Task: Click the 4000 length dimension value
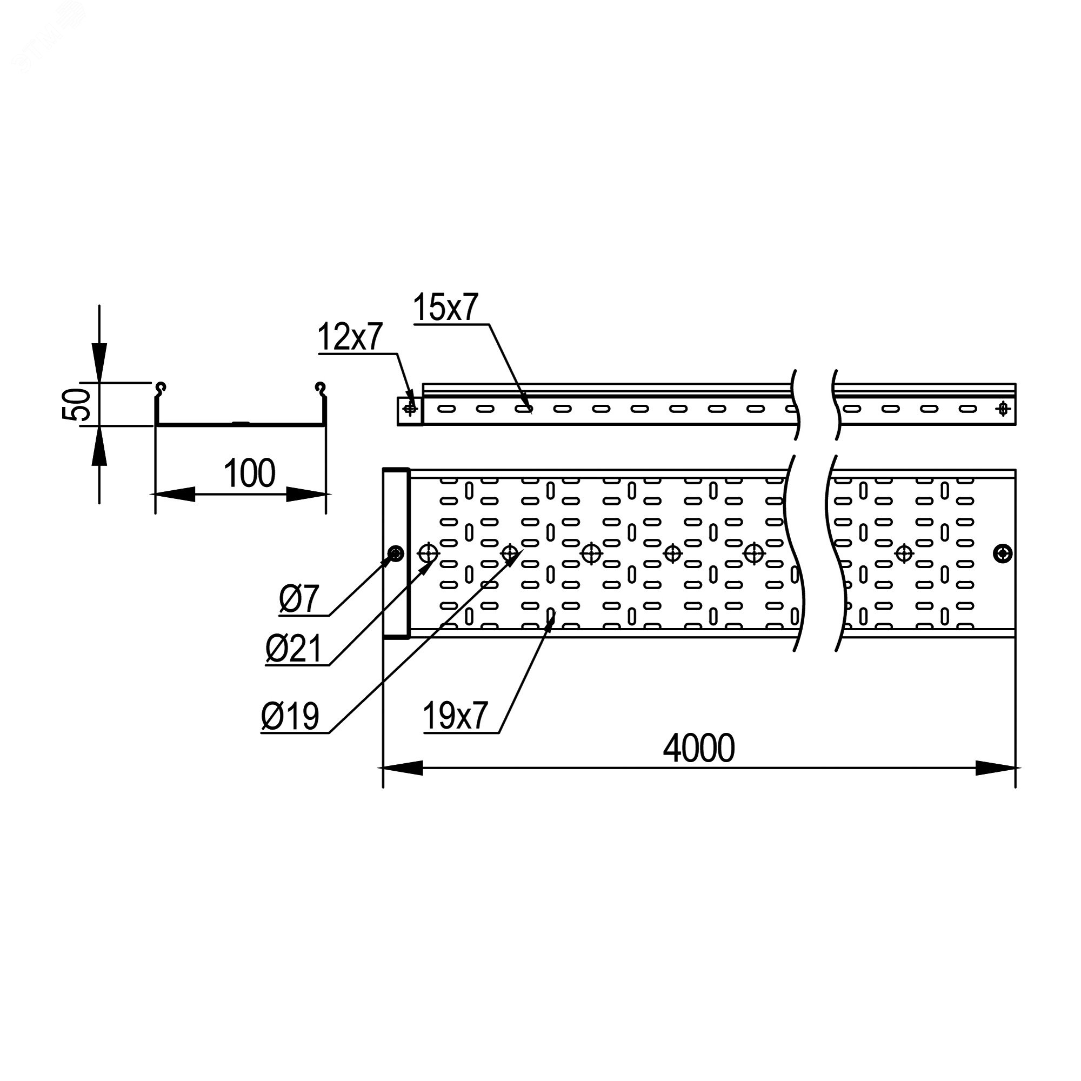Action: pyautogui.click(x=698, y=749)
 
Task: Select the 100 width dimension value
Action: pyautogui.click(x=249, y=473)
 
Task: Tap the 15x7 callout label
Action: pyautogui.click(x=446, y=308)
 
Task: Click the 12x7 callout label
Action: pyautogui.click(x=350, y=337)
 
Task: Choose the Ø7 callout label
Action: pyautogui.click(x=299, y=600)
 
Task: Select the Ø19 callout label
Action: pyautogui.click(x=290, y=717)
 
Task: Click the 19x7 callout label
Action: pyautogui.click(x=456, y=717)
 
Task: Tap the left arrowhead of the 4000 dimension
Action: pyautogui.click(x=403, y=768)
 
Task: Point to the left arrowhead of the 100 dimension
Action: pyautogui.click(x=175, y=494)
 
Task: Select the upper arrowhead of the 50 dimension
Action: pyautogui.click(x=99, y=363)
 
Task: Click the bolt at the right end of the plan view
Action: pyautogui.click(x=1003, y=554)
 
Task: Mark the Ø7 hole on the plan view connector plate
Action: pyautogui.click(x=396, y=554)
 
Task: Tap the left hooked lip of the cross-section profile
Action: pyautogui.click(x=161, y=388)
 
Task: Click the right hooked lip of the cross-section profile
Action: pyautogui.click(x=321, y=388)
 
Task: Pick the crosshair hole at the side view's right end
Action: pyautogui.click(x=1003, y=409)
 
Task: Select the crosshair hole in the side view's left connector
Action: pyautogui.click(x=410, y=409)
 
